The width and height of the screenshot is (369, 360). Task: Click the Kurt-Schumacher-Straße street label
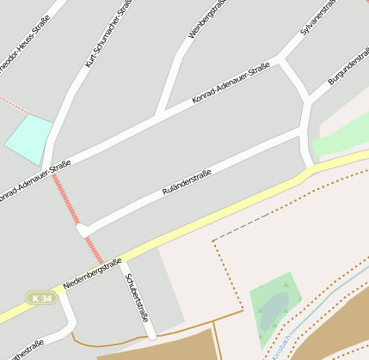(108, 34)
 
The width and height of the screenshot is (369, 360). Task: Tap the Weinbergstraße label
(206, 20)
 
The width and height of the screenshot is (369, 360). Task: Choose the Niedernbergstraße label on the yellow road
(92, 274)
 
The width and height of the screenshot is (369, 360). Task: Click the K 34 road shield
(39, 298)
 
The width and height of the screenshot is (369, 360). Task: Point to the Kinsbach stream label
(280, 346)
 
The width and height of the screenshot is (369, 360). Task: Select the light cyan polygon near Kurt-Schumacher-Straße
(28, 137)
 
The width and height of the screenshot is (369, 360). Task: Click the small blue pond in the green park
(273, 309)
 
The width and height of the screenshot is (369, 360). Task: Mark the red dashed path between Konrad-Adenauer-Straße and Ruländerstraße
(66, 200)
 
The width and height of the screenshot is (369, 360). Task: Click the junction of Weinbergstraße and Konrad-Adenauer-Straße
(157, 116)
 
